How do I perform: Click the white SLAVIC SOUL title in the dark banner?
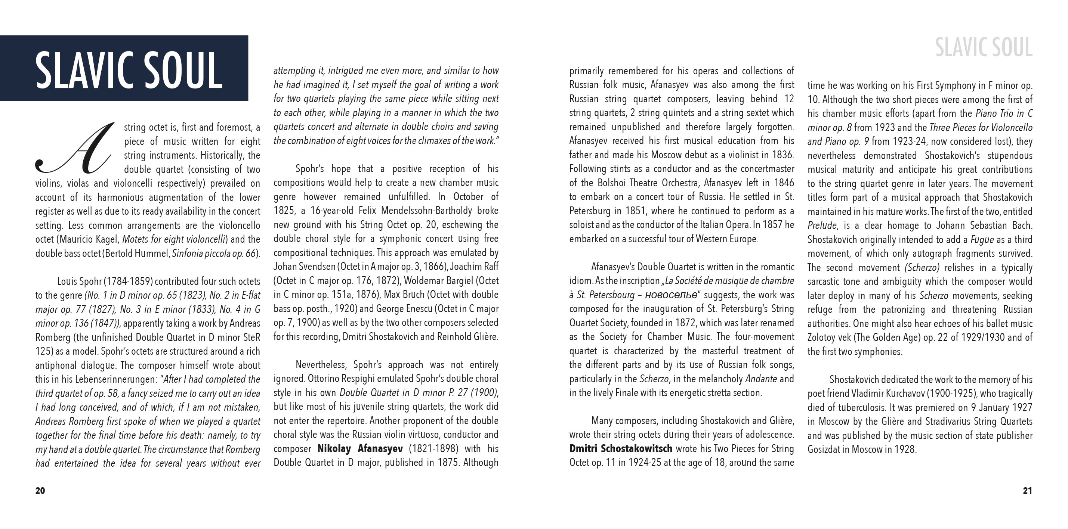coord(129,69)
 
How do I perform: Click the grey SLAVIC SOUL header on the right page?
coord(984,48)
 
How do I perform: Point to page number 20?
coord(40,491)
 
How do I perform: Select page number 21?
coord(1027,491)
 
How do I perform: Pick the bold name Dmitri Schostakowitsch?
coord(620,449)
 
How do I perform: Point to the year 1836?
coord(783,155)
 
